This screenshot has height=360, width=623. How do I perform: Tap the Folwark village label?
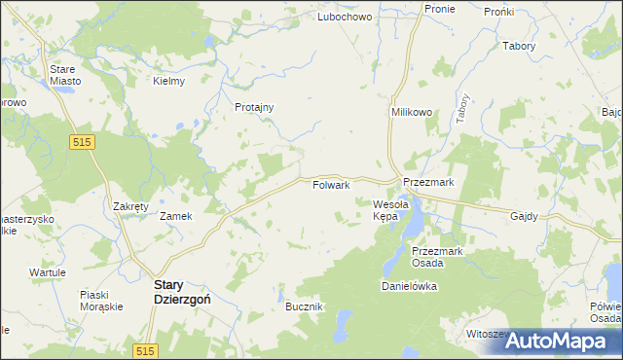331,185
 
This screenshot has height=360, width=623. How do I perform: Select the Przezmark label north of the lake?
428,182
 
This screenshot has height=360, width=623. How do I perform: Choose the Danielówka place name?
408,287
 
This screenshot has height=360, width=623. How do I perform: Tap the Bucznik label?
304,306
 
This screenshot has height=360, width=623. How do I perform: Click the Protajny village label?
254,107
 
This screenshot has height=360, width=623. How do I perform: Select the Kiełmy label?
169,81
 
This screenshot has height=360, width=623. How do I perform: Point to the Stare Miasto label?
66,75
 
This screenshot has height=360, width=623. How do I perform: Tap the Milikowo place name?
412,113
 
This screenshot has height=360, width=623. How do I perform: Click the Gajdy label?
523,216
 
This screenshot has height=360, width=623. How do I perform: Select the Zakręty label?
129,207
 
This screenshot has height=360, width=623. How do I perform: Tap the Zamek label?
175,216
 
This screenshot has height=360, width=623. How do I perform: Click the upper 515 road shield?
82,142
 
